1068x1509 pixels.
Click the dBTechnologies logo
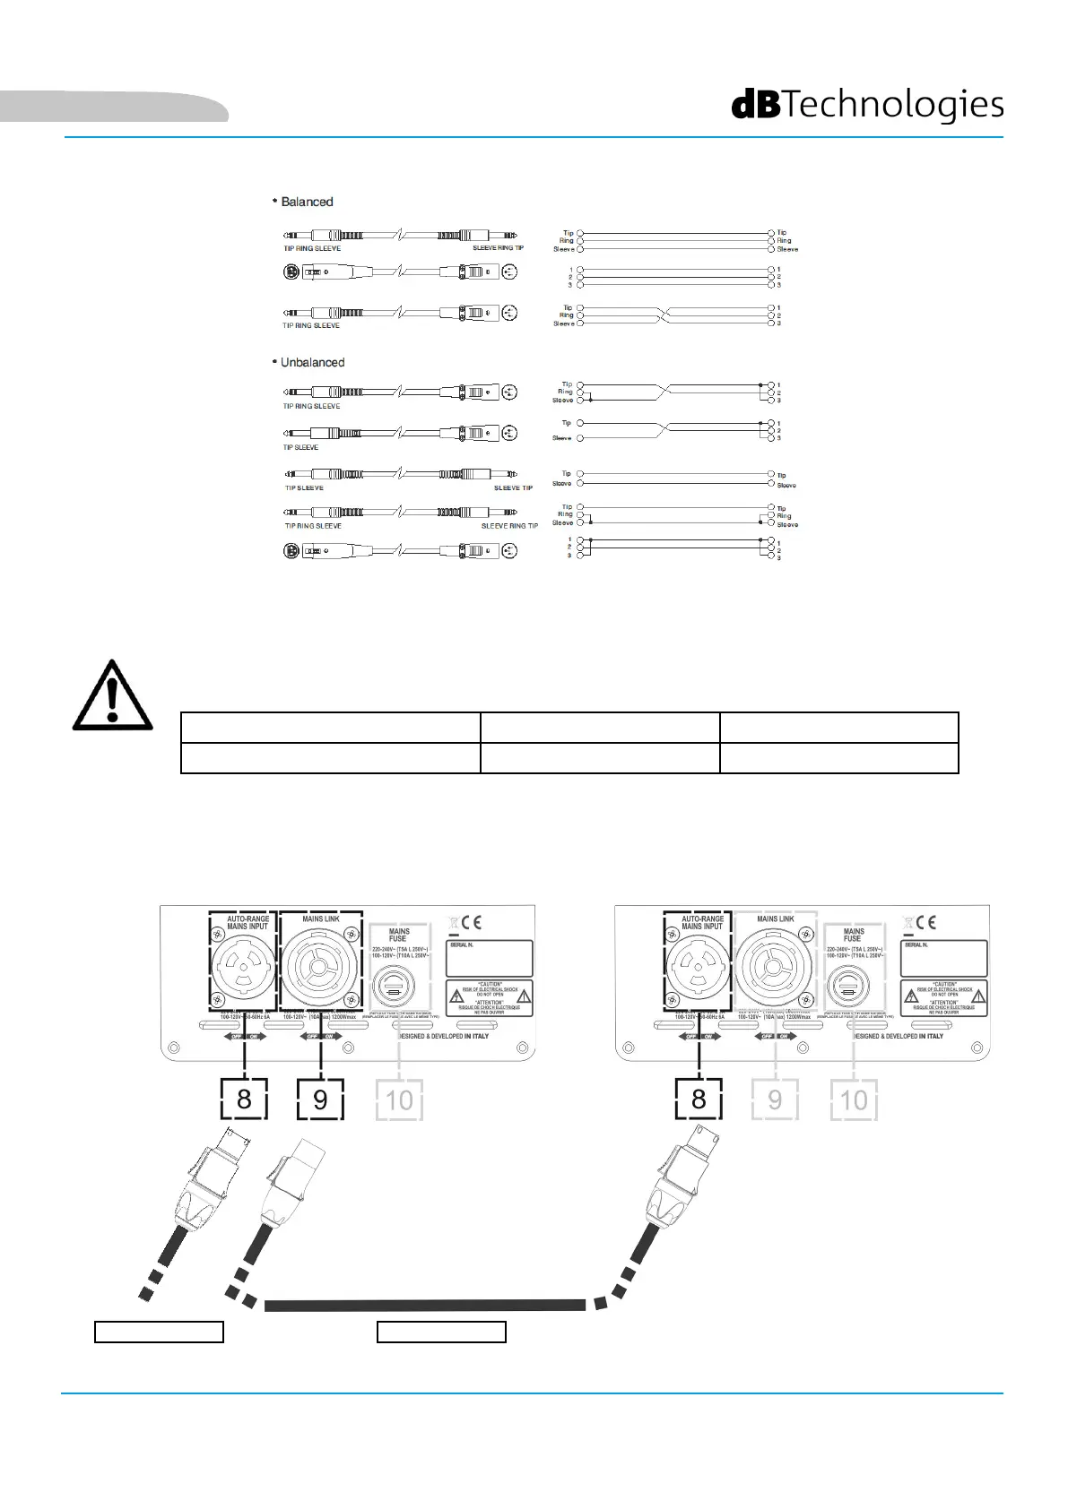coord(867,105)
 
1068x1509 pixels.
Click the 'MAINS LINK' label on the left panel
coord(321,918)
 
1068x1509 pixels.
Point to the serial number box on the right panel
coord(943,958)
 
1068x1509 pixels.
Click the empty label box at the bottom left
coord(159,1332)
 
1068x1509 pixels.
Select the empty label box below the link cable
coord(441,1332)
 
